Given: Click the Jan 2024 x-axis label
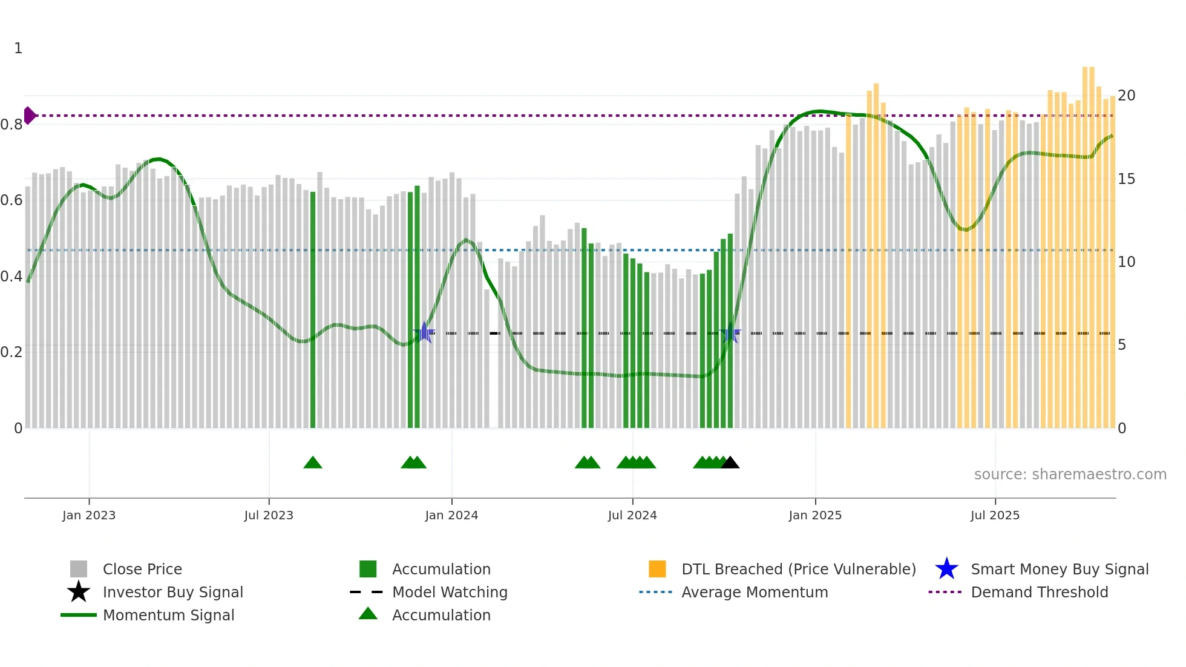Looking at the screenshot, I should tap(451, 515).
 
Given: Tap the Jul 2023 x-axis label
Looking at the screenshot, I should tap(269, 515).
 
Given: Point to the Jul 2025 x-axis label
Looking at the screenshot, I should tap(995, 515).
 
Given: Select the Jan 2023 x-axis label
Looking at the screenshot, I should tap(89, 515).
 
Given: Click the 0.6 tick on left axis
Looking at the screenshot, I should tap(11, 200).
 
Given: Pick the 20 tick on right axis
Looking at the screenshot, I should tap(1126, 96).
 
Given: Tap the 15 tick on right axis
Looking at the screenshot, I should tap(1126, 179).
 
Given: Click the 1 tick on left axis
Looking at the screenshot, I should tap(18, 48).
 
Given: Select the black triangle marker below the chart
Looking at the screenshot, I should tap(730, 463).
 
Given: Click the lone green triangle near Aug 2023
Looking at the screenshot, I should tap(313, 463).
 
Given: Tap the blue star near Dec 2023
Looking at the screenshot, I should tap(425, 332).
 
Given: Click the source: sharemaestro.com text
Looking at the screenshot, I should tap(1070, 475).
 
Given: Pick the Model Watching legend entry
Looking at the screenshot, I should tap(449, 592).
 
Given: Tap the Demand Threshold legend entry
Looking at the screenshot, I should tap(1039, 592).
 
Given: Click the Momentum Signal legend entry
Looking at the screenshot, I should tap(168, 615).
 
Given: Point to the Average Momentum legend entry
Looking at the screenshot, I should tap(754, 592).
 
